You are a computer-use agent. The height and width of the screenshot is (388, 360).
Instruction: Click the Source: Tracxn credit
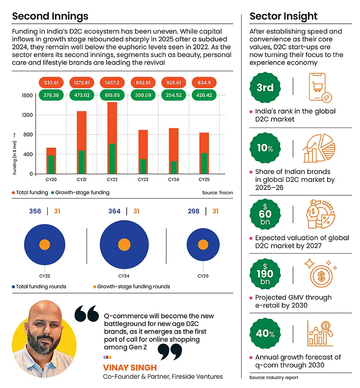click(217, 193)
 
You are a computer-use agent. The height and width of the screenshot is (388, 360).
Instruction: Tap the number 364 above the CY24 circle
click(115, 211)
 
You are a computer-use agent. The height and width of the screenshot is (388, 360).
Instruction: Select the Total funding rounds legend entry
click(40, 286)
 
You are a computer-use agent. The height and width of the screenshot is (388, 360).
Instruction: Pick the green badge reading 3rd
click(265, 88)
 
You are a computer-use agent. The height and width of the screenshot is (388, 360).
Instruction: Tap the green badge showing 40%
click(265, 333)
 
